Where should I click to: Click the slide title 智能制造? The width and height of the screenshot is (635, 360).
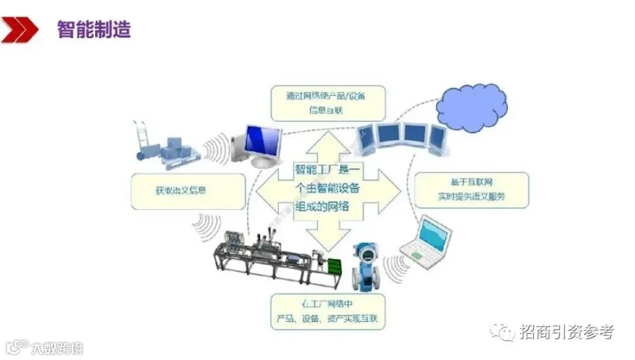coord(93,30)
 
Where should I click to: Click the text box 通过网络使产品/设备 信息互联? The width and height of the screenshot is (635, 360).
coord(328,102)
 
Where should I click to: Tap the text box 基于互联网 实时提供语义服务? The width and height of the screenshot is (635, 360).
coord(471,189)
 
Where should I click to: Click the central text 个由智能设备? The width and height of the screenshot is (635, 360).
coord(327,188)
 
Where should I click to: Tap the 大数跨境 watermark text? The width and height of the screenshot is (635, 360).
coord(56,348)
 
